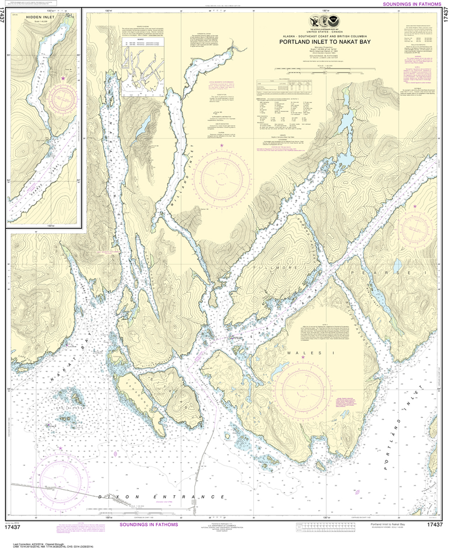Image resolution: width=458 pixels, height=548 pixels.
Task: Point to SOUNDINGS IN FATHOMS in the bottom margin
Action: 148,524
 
